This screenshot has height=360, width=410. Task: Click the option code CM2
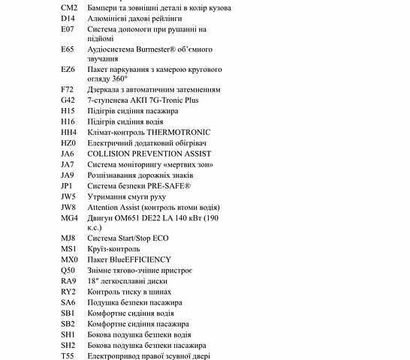click(69, 7)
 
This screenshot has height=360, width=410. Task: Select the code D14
click(68, 18)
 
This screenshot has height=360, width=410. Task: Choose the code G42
click(68, 100)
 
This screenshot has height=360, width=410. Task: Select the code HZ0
click(68, 142)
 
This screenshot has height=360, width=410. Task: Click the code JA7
click(68, 164)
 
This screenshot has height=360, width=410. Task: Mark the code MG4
click(69, 217)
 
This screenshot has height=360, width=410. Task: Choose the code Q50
click(68, 270)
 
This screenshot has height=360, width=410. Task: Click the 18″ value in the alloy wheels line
click(92, 281)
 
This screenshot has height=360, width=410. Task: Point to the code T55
click(68, 345)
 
